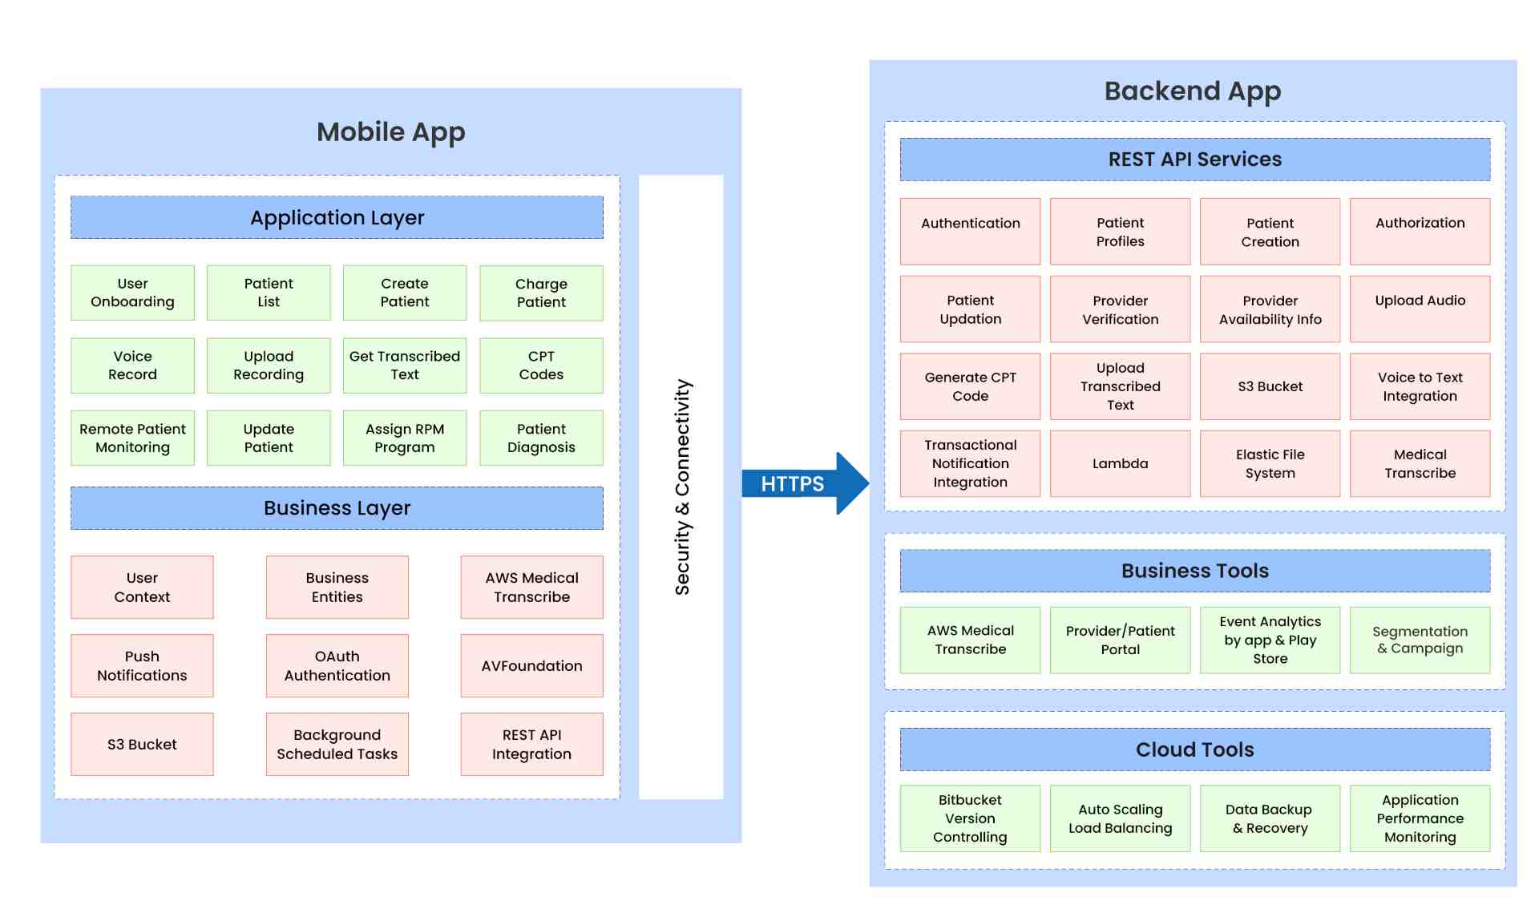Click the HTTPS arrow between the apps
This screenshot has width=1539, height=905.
(x=802, y=483)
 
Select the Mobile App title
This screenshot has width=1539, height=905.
(x=390, y=131)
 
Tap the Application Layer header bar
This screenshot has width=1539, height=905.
(x=337, y=217)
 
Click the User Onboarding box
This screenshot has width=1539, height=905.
(x=132, y=293)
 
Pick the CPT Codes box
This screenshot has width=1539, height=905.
(x=541, y=366)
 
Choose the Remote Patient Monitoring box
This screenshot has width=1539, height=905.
(x=132, y=438)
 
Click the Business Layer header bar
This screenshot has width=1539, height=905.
(x=337, y=508)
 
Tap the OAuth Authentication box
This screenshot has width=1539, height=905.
(x=337, y=665)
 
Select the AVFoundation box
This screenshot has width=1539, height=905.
(x=531, y=665)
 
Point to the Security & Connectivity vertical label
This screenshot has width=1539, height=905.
(x=681, y=487)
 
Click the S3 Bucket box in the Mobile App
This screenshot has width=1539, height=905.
(x=142, y=744)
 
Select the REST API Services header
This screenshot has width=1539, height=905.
(x=1194, y=159)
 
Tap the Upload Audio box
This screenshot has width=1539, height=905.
(x=1420, y=309)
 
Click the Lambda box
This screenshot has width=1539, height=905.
(x=1120, y=463)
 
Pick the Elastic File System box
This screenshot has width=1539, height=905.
(x=1270, y=463)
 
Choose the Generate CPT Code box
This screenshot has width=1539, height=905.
(x=970, y=386)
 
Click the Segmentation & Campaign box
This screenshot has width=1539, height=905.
(x=1420, y=640)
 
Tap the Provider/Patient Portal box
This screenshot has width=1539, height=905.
(x=1120, y=640)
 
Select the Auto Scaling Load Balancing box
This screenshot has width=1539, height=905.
(x=1120, y=818)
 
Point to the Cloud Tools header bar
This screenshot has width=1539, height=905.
(x=1194, y=749)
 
